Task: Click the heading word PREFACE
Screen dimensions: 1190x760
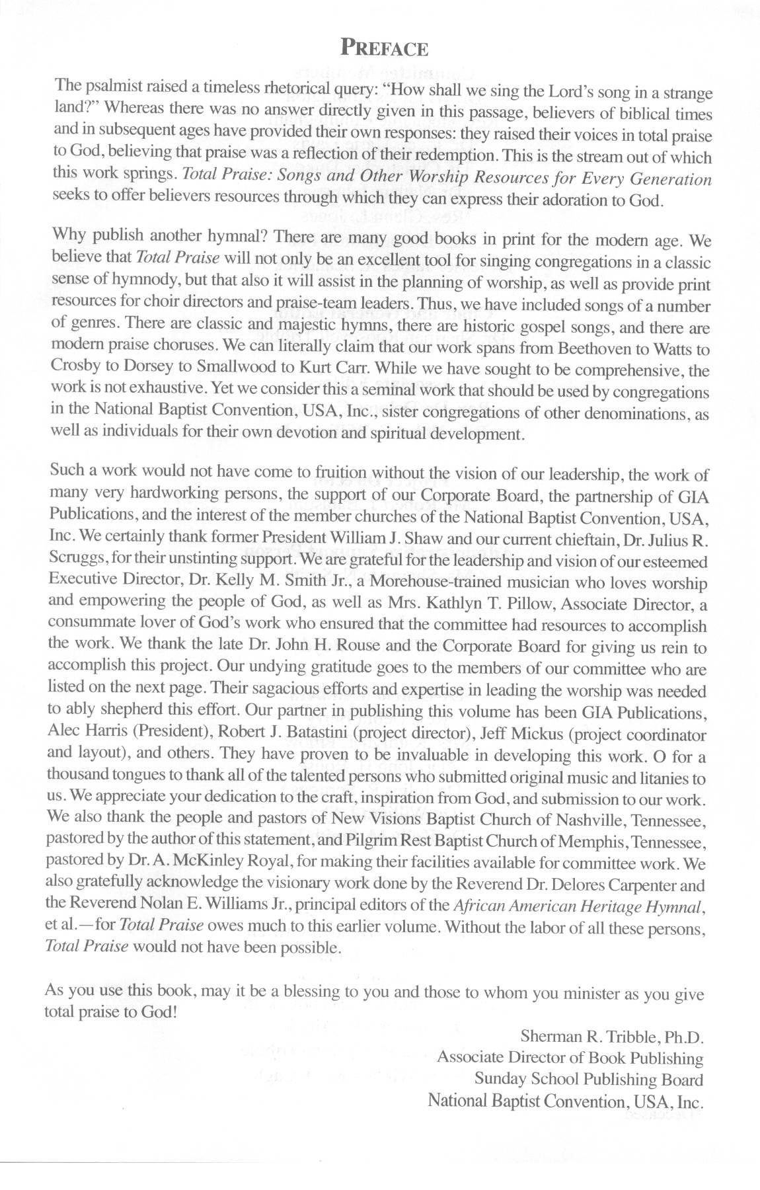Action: click(384, 48)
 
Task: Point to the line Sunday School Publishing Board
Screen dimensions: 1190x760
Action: click(588, 1079)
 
